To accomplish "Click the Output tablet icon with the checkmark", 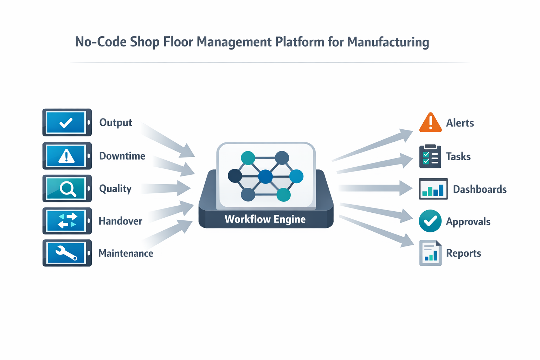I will click(x=67, y=122).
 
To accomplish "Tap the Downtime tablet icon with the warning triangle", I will click(x=67, y=156).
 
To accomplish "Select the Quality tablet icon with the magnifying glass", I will click(x=67, y=188).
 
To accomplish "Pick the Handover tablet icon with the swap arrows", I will click(x=67, y=221).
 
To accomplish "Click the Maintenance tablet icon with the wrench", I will click(x=67, y=253).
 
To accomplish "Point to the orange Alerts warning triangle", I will click(x=430, y=123).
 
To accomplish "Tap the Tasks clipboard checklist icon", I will click(x=430, y=156).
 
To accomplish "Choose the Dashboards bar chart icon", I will click(x=433, y=189).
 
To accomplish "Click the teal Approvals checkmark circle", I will click(x=430, y=221).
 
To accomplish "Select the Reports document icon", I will click(x=430, y=253).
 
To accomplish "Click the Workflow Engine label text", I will click(x=265, y=219).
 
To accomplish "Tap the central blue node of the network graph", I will click(x=265, y=176).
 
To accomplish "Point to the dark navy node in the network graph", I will click(x=235, y=176).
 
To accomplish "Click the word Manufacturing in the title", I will click(x=388, y=42).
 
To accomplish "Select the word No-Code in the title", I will click(x=101, y=42).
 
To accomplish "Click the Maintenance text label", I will click(x=126, y=253).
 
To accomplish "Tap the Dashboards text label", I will click(x=480, y=189).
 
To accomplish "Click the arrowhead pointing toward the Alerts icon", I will click(x=406, y=135).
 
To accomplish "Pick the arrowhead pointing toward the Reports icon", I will click(x=408, y=241).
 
